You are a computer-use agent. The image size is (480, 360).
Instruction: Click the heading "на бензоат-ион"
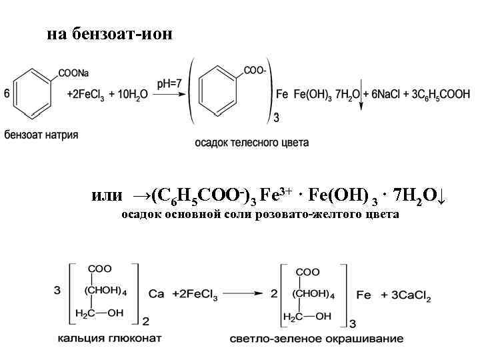pyautogui.click(x=110, y=33)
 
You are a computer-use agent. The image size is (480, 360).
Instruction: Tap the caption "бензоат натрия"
pyautogui.click(x=41, y=135)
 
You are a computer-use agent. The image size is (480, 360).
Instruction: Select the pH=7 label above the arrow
pyautogui.click(x=170, y=83)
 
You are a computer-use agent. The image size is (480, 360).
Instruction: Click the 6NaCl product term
pyautogui.click(x=391, y=95)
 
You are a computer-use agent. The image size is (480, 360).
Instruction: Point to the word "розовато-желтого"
pyautogui.click(x=300, y=215)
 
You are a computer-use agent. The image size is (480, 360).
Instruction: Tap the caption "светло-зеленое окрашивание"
pyautogui.click(x=317, y=339)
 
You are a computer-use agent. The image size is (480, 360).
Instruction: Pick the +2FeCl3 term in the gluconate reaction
pyautogui.click(x=193, y=294)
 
